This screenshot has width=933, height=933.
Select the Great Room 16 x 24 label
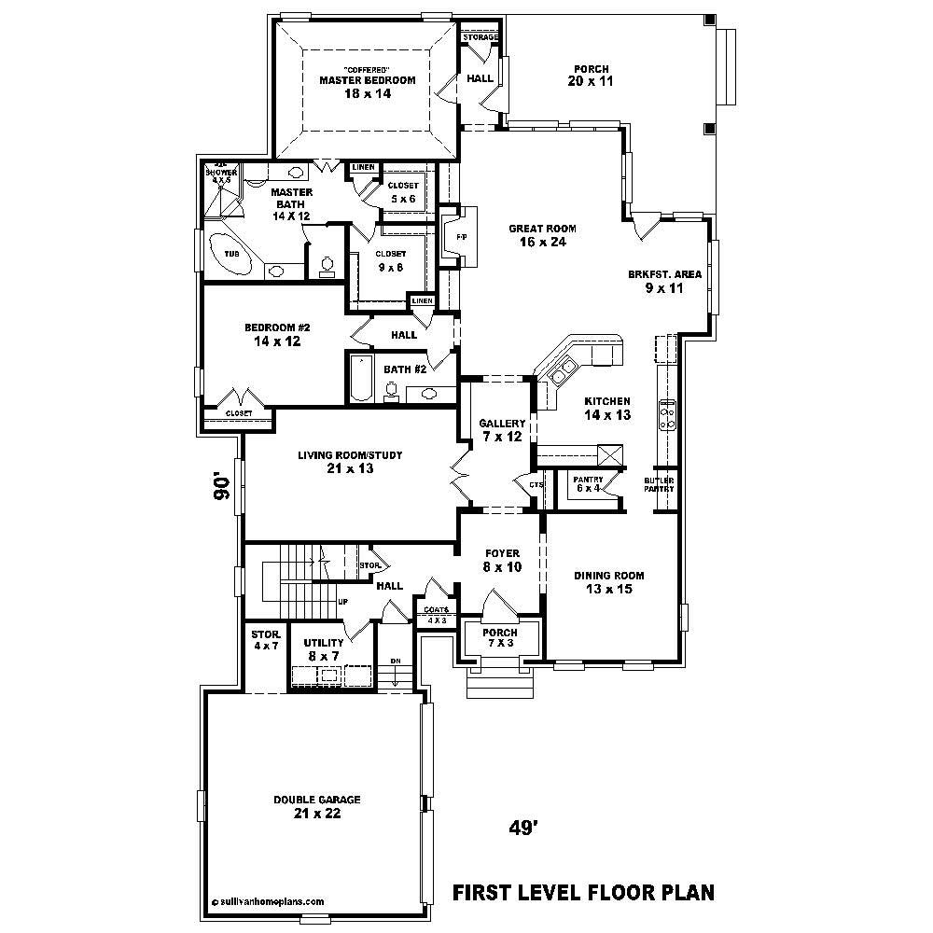(542, 235)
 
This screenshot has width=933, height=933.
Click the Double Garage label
(316, 806)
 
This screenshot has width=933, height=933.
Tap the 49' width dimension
(524, 827)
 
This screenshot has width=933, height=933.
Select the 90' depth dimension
(220, 487)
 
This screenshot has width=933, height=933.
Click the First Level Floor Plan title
(584, 892)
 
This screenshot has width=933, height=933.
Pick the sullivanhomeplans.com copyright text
(269, 902)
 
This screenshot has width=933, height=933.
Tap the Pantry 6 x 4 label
(587, 484)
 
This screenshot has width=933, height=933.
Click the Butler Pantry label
(659, 484)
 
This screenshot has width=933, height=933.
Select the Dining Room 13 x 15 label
(609, 582)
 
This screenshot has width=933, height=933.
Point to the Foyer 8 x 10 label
(502, 560)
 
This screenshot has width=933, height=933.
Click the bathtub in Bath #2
(360, 380)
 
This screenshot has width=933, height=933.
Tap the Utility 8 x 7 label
(324, 649)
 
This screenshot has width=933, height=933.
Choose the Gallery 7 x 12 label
(502, 430)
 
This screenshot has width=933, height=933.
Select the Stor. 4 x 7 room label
(264, 640)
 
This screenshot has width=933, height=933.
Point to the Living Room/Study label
(350, 462)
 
